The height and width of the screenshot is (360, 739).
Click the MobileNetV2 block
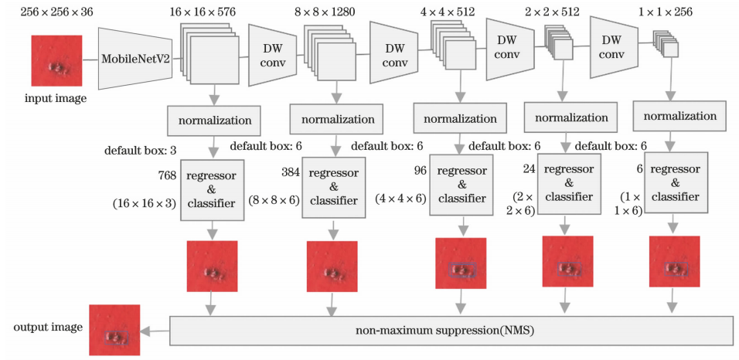[135, 57]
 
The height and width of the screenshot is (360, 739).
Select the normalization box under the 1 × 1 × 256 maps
[679, 117]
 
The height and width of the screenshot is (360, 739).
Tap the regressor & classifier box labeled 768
[213, 186]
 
